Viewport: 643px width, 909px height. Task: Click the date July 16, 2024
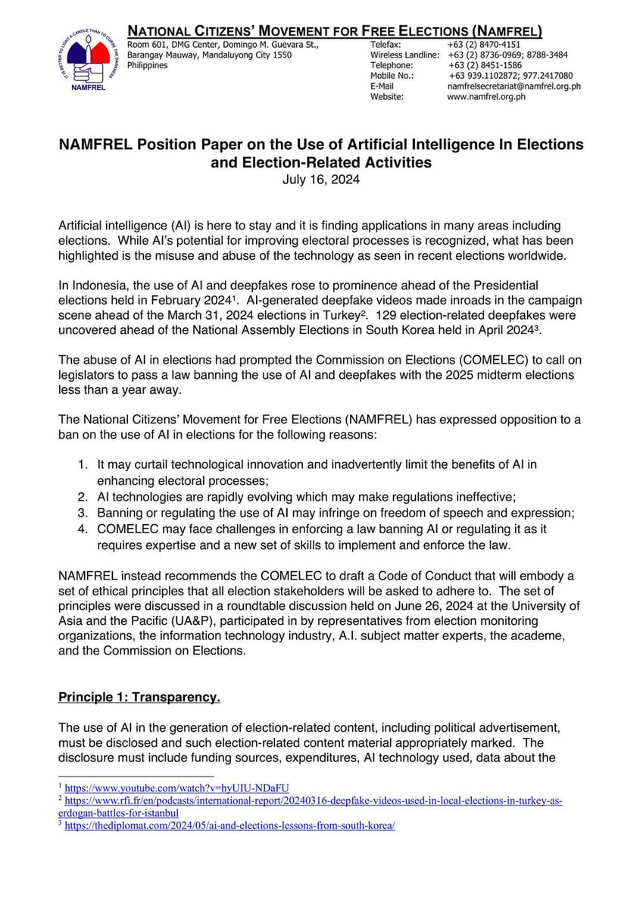point(322,180)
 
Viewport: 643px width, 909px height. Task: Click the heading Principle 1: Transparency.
point(139,695)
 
